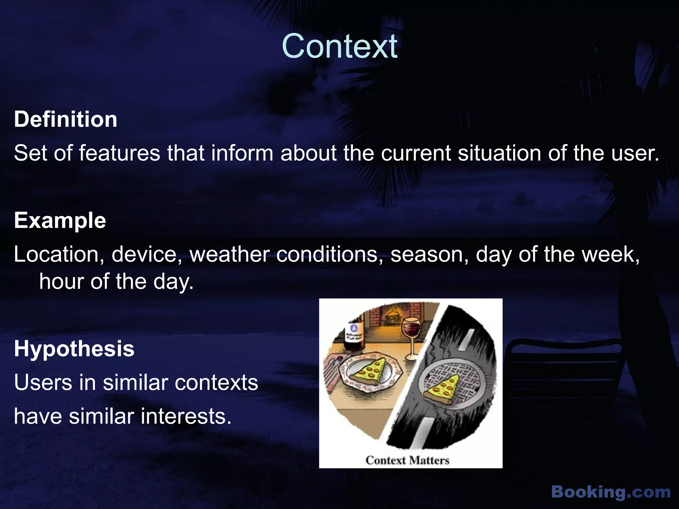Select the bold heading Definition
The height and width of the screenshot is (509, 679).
(66, 119)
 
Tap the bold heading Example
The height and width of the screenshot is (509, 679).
(60, 221)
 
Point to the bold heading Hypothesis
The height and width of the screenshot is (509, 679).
(74, 349)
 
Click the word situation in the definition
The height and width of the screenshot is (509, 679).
(500, 153)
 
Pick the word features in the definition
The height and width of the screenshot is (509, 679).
(119, 153)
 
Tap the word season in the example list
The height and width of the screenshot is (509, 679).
(429, 254)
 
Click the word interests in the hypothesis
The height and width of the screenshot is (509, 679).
(186, 417)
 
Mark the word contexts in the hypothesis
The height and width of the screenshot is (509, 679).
(216, 383)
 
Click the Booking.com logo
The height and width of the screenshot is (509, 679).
(611, 492)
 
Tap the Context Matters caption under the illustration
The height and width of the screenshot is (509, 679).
(407, 460)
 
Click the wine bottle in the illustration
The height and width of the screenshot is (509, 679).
(354, 336)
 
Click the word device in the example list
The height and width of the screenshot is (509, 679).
(147, 254)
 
